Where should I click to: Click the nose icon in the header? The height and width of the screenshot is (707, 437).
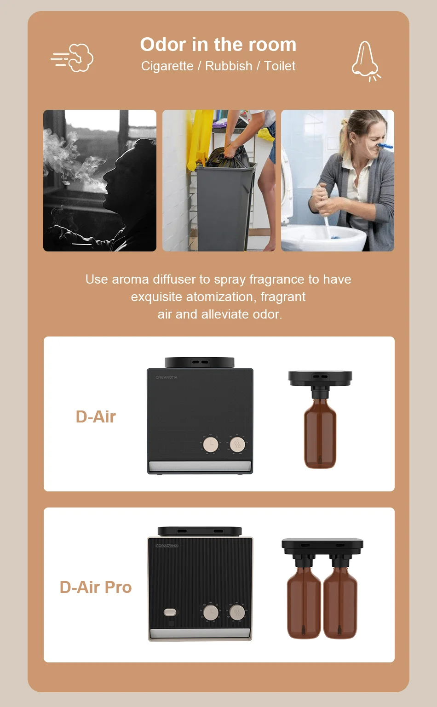pos(365,60)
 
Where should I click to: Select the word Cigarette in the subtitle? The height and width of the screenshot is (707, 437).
pos(167,66)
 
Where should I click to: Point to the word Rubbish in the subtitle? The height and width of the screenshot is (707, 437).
pos(229,66)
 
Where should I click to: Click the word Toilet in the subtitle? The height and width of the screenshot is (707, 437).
pos(280,66)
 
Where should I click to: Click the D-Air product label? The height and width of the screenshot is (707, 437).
pos(96,416)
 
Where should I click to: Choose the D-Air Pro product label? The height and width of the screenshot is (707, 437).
pos(96,587)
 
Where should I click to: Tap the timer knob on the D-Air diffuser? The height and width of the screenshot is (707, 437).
pos(211,444)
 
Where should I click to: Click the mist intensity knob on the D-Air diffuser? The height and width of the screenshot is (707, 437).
pos(237,444)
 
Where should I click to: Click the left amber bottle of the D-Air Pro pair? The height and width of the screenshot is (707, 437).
pos(304,602)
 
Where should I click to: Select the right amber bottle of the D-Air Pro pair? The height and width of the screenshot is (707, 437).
pos(340,602)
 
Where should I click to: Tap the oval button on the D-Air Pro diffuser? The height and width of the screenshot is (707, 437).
pos(170,612)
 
